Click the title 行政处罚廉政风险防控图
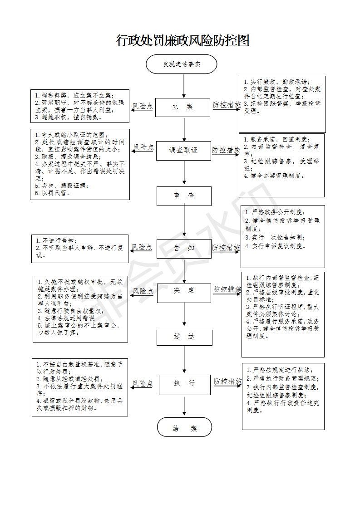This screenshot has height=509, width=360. coord(182,40)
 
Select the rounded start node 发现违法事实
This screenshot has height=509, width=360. coord(181,64)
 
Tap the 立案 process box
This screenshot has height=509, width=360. coord(182,107)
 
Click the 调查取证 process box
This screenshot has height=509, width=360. coord(183,151)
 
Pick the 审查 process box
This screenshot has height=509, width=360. coord(184,196)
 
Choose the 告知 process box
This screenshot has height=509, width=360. coord(184,249)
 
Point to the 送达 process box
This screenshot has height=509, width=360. coord(185,338)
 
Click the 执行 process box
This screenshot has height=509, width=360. coord(185,385)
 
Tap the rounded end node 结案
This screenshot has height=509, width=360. coord(185,427)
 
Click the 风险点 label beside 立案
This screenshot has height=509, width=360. coord(142,106)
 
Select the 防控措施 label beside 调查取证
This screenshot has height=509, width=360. coord(226,150)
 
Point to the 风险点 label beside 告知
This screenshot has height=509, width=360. coord(142,247)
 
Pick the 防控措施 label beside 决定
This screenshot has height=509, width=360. coord(227,289)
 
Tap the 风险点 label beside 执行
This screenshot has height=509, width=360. coord(142,383)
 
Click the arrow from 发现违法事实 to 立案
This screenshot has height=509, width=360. coord(184,86)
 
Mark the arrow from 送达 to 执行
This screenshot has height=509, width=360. coord(184,359)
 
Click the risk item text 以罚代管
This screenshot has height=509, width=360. coord(53,193)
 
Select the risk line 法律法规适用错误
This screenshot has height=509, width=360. coord(66,318)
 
